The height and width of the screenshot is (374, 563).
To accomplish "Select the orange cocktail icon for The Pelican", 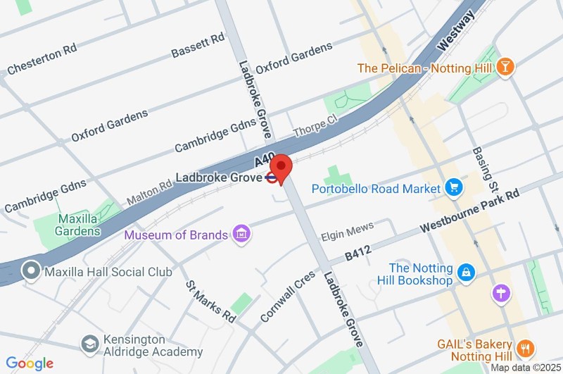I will [505, 68].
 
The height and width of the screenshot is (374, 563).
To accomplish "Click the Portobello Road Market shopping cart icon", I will [453, 188].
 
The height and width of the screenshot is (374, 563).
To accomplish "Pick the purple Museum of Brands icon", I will [241, 234].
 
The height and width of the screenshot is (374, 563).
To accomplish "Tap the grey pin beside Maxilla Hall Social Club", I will [31, 270].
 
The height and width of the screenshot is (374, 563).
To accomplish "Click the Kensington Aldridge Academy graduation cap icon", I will [89, 344].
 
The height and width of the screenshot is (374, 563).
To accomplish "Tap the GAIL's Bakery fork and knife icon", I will [525, 348].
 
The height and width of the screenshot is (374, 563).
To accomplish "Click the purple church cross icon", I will [501, 292].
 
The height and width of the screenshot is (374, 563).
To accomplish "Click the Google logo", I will [30, 363].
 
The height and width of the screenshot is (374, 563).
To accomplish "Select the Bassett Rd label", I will [198, 45].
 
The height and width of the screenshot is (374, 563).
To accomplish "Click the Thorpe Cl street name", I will [315, 126].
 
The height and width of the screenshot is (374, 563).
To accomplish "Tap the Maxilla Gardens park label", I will [78, 224].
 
